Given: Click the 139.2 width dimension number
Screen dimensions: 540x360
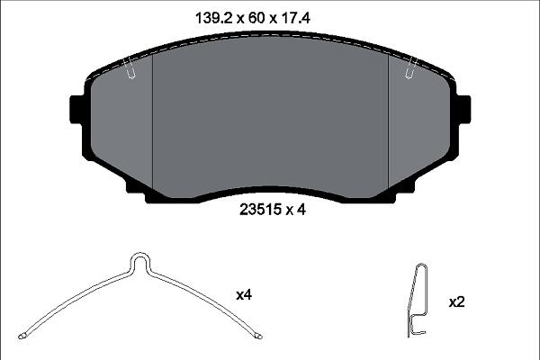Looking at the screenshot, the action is tap(214, 18).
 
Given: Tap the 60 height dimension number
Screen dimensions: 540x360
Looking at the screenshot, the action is tap(256, 18).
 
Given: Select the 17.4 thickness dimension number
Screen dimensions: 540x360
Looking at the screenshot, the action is tap(296, 18).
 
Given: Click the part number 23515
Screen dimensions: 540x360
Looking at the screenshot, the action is tap(261, 210).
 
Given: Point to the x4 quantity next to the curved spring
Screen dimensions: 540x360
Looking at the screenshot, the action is tap(244, 295).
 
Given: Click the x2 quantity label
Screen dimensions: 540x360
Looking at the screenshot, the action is tap(456, 302).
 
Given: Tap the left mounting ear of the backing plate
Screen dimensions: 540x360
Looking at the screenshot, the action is tap(76, 110).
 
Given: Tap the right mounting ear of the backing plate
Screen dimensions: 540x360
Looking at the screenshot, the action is tap(463, 110).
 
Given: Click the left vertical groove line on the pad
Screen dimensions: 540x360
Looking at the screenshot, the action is tap(152, 121).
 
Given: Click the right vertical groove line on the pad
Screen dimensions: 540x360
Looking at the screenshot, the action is tap(389, 121).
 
